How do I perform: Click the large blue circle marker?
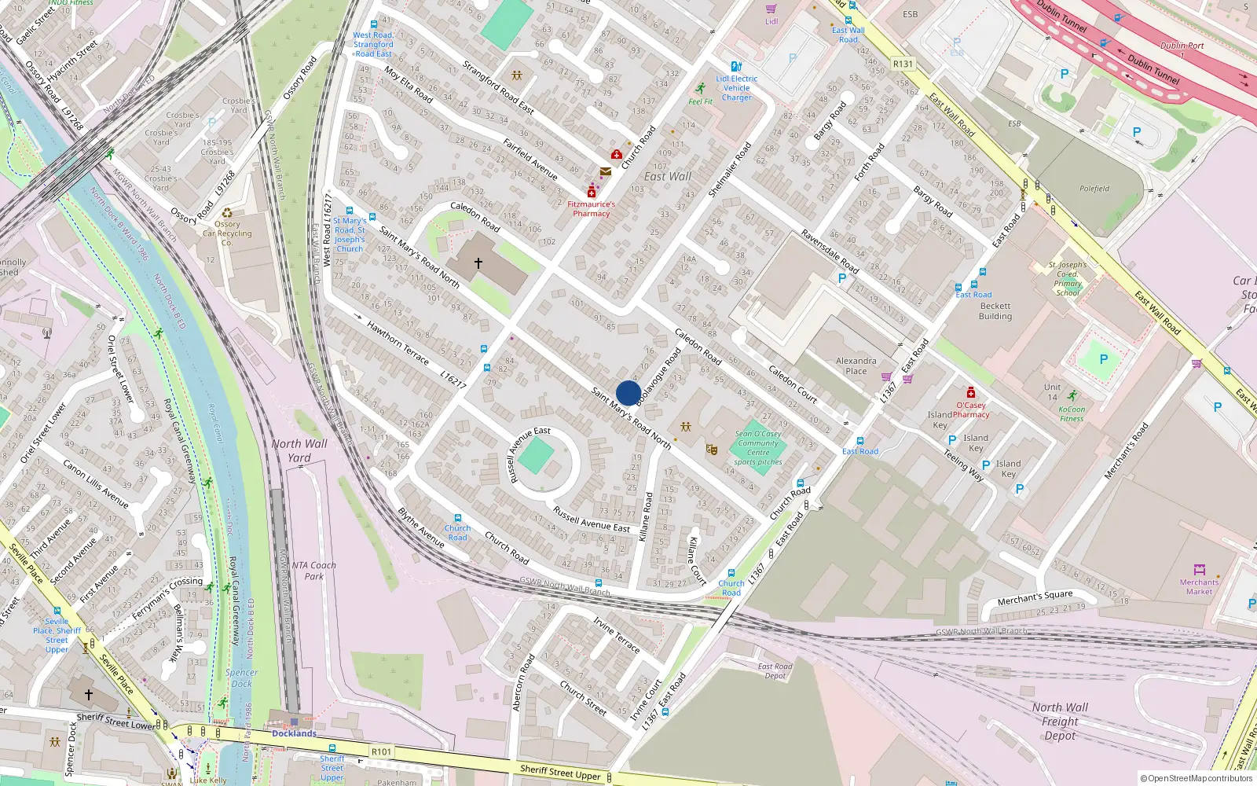[628, 393]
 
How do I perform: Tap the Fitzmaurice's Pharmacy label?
[591, 208]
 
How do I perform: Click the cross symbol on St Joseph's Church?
[478, 263]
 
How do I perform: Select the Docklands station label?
[294, 733]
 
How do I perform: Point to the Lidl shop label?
[771, 21]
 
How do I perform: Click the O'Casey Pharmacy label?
[970, 410]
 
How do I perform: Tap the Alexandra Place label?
[856, 365]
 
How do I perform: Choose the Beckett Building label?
[995, 311]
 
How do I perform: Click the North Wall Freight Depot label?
[1060, 722]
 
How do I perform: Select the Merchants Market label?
[1199, 586]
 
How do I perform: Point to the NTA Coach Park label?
[313, 571]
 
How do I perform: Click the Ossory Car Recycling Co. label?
[227, 233]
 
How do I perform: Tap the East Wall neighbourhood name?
[667, 177]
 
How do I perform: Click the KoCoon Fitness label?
[1072, 413]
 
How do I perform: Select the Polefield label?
[1094, 189]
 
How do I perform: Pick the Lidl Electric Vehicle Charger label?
[736, 88]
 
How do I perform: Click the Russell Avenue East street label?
[591, 520]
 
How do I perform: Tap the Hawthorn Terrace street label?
[398, 343]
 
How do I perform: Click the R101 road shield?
[381, 751]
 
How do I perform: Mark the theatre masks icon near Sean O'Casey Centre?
[712, 450]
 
